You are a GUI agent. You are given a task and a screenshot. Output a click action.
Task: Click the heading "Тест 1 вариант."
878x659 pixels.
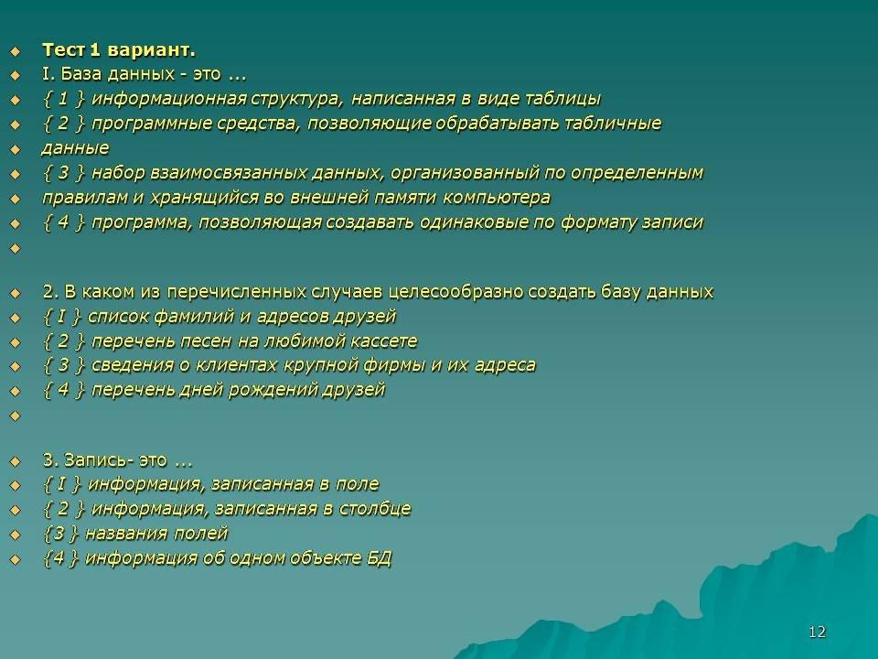pyautogui.click(x=119, y=50)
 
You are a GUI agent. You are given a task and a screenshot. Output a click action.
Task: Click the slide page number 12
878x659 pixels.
pyautogui.click(x=817, y=632)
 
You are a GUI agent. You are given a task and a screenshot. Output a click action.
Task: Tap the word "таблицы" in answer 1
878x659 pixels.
pyautogui.click(x=562, y=99)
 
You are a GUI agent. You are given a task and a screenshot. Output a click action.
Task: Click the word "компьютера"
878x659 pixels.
pyautogui.click(x=496, y=199)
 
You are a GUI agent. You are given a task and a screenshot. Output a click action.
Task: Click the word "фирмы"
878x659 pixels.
pyautogui.click(x=395, y=366)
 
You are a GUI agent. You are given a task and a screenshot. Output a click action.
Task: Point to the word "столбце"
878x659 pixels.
pyautogui.click(x=375, y=509)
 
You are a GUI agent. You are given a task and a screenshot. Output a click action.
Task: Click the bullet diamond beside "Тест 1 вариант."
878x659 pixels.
pyautogui.click(x=15, y=51)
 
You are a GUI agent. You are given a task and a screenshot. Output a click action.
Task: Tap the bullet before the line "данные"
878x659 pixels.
pyautogui.click(x=15, y=149)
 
